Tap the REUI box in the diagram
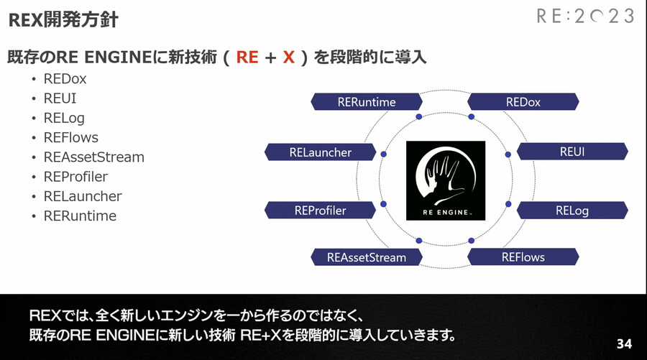[572, 152]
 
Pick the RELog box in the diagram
[572, 211]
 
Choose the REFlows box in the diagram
[523, 257]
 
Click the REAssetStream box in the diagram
[367, 257]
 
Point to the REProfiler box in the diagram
[321, 211]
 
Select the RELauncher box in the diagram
[321, 152]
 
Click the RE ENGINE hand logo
[446, 179]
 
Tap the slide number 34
[624, 344]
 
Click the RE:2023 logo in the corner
[585, 17]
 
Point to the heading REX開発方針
[63, 20]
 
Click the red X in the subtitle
[289, 57]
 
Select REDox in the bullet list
[65, 79]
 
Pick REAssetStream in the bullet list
[93, 157]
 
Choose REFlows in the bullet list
[70, 137]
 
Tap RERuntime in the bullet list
[80, 216]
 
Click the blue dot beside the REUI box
[508, 154]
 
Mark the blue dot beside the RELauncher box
[384, 154]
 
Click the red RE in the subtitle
[247, 57]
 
